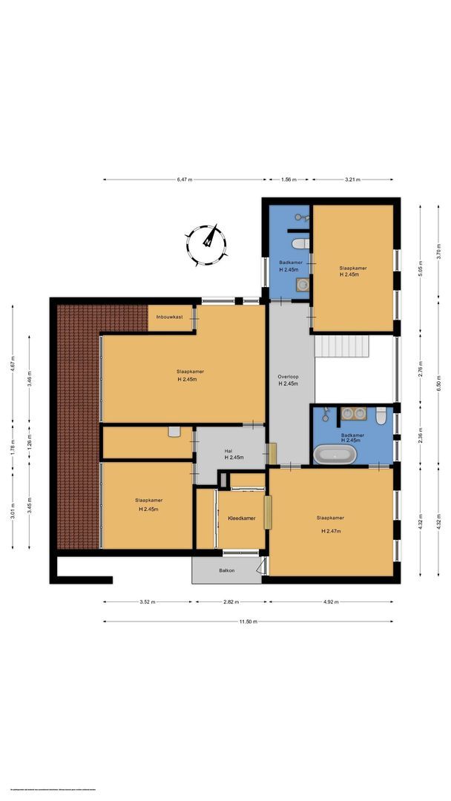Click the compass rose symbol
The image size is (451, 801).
click(x=207, y=245)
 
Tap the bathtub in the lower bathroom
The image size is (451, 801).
click(x=335, y=455)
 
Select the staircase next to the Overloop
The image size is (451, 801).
click(x=343, y=346)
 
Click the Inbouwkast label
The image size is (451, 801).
click(x=169, y=317)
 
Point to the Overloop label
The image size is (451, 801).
click(x=288, y=379)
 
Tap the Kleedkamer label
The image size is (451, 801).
click(x=242, y=518)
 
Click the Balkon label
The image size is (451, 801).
click(x=227, y=570)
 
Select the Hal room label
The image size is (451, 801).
click(x=228, y=452)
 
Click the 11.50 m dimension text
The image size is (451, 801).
click(x=247, y=622)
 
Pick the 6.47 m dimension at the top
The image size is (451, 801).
click(x=185, y=179)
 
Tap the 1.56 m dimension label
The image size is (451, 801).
click(x=289, y=179)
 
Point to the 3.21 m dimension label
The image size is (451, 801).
click(x=353, y=179)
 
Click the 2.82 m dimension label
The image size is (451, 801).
click(x=231, y=602)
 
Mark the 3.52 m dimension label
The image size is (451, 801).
click(x=148, y=602)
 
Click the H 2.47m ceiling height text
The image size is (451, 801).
click(x=331, y=531)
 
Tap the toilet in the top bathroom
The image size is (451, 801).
click(x=300, y=243)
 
